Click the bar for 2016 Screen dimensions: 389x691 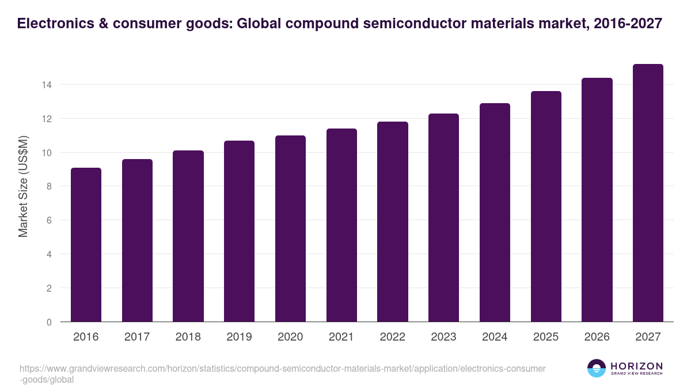[x=86, y=245]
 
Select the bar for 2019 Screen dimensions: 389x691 [x=239, y=231]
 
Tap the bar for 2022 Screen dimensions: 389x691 [x=393, y=222]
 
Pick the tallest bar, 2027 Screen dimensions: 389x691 [x=648, y=193]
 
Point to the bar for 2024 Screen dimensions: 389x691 [x=495, y=213]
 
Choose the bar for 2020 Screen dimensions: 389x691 [x=290, y=229]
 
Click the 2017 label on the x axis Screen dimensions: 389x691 [x=137, y=337]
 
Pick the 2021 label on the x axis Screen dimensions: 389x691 [x=341, y=337]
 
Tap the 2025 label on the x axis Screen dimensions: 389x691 [x=546, y=337]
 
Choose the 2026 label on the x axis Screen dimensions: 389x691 [x=597, y=337]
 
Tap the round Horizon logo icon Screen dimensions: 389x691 [x=597, y=368]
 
